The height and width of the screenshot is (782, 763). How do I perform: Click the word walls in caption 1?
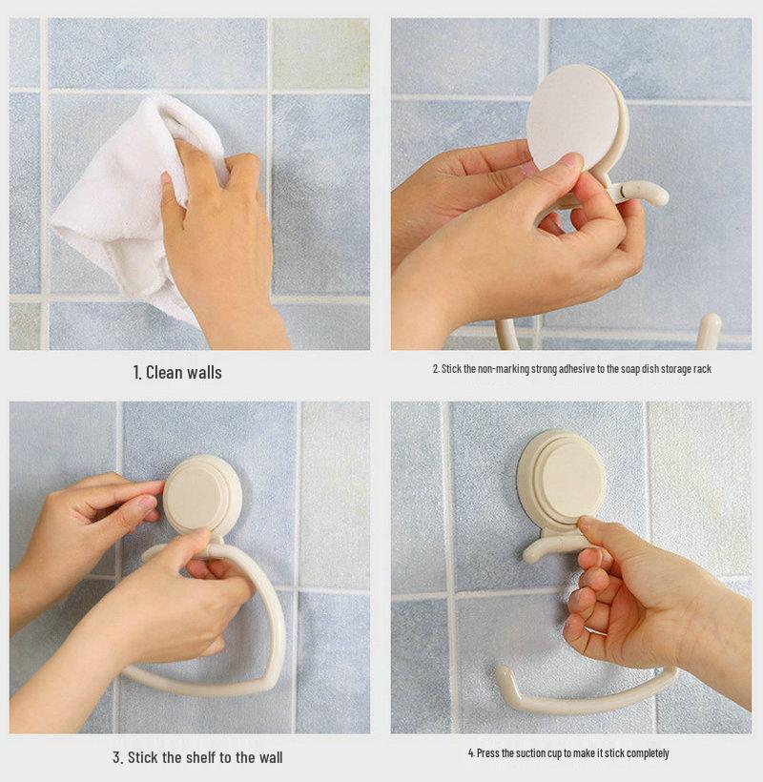[203, 373]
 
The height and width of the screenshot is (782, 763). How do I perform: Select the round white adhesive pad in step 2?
[572, 117]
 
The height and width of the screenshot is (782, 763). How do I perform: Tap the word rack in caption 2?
[702, 369]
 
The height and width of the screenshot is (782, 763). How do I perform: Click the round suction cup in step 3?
[202, 494]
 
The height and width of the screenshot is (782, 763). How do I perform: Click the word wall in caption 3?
[270, 757]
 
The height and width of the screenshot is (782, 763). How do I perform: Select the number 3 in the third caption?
[116, 758]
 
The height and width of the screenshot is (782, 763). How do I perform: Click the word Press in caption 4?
[486, 753]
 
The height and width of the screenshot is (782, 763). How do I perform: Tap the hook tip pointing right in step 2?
[664, 195]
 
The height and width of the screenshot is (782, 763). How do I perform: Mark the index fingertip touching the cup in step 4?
[585, 523]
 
